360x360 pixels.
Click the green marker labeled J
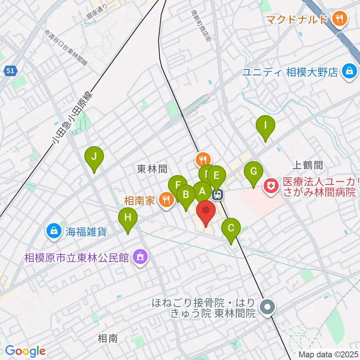click(94, 156)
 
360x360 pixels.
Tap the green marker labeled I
click(265, 125)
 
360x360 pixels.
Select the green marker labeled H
click(128, 217)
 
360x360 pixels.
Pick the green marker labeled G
click(253, 171)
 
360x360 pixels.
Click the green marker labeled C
click(231, 228)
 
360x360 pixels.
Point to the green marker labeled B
click(186, 195)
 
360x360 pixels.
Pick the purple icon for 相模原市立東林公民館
click(140, 257)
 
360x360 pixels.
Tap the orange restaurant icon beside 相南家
click(165, 199)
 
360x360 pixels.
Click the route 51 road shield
click(11, 70)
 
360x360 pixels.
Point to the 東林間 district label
click(152, 169)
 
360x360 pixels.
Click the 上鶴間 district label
click(307, 164)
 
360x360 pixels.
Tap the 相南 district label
click(108, 339)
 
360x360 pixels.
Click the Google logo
click(25, 351)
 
